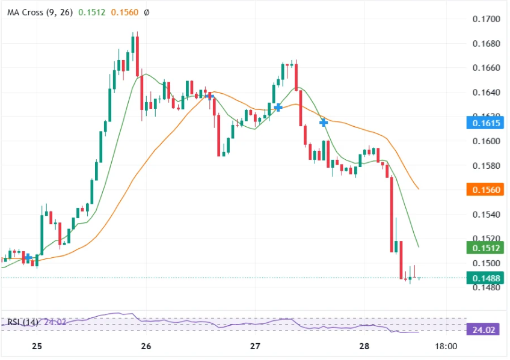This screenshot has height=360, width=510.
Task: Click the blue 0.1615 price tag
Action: click(x=484, y=123)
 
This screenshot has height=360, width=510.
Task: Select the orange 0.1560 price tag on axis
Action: click(x=484, y=190)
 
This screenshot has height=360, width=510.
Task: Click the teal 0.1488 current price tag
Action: click(x=484, y=278)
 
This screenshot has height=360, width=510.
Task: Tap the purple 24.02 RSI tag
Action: click(x=484, y=329)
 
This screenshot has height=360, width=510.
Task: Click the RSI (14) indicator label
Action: click(x=22, y=322)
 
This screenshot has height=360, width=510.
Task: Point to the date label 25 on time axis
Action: click(x=37, y=346)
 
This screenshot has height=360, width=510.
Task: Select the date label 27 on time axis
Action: click(x=255, y=346)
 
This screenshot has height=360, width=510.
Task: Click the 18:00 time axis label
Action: click(x=446, y=346)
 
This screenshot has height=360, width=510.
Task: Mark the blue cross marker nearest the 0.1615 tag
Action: click(x=324, y=123)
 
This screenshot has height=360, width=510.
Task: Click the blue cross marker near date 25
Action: click(x=28, y=257)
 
